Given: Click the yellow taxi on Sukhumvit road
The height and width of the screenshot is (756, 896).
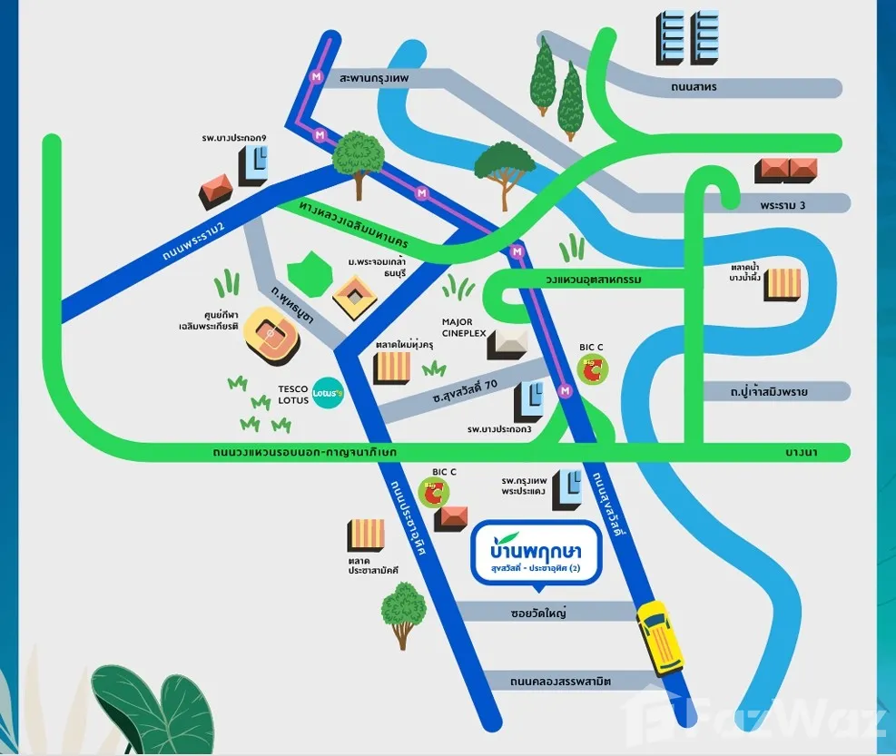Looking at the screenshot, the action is click(660, 638).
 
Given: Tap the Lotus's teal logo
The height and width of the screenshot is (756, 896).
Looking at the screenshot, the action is click(328, 393).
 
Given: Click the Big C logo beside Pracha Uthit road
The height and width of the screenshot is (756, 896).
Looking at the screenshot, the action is click(433, 493).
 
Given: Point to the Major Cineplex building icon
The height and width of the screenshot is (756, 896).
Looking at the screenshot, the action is click(507, 343).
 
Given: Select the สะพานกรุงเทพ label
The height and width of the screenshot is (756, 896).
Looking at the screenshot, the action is click(374, 78).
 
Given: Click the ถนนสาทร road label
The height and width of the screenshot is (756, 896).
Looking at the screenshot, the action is click(694, 87).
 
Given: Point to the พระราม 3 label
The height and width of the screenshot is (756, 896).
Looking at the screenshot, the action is click(783, 204).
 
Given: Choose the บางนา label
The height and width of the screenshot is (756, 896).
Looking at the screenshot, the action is click(802, 452).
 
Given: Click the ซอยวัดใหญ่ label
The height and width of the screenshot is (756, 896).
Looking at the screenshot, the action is click(538, 614).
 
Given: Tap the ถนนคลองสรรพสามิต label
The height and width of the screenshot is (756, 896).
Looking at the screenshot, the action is click(561, 682).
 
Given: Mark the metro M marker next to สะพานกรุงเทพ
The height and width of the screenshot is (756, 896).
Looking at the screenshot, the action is click(316, 76).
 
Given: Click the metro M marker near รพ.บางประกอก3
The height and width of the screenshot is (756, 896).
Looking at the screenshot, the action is click(566, 391).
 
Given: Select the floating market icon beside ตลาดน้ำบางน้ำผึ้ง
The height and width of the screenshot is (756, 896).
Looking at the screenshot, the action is click(783, 285).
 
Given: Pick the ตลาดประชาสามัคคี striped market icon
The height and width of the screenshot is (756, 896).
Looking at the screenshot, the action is click(366, 536).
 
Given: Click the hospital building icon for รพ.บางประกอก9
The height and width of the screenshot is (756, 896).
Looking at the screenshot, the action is click(252, 166).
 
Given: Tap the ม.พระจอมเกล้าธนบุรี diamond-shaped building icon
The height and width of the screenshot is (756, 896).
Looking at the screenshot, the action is click(355, 297).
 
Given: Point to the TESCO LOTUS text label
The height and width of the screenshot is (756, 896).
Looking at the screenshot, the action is click(293, 395).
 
